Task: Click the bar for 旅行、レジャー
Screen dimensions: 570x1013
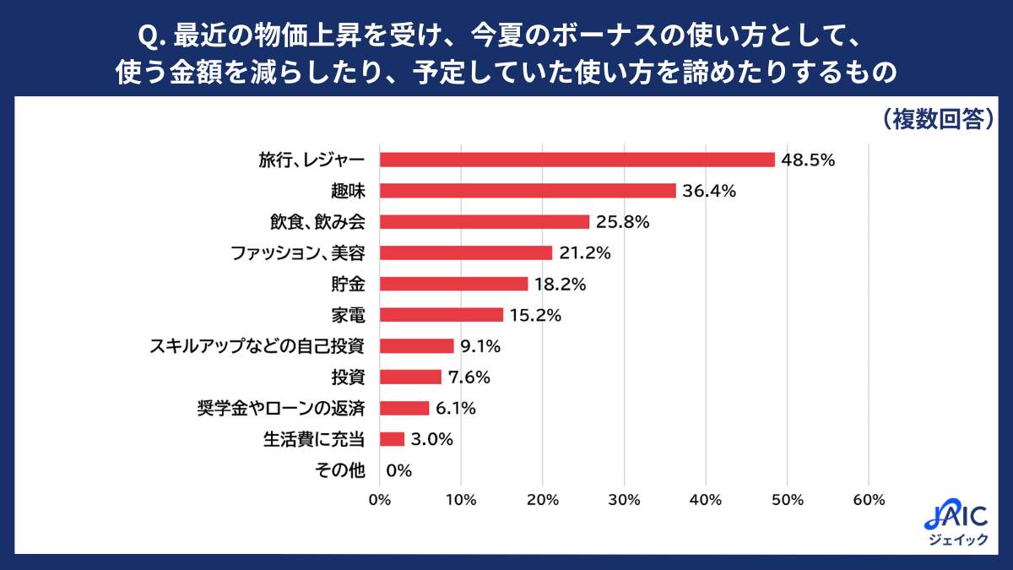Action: pyautogui.click(x=577, y=160)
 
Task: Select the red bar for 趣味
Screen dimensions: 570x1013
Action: pyautogui.click(x=528, y=191)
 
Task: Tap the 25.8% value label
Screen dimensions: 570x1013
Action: pyautogui.click(x=623, y=222)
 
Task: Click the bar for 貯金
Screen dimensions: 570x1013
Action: pyautogui.click(x=453, y=284)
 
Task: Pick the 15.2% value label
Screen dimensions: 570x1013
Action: pyautogui.click(x=535, y=315)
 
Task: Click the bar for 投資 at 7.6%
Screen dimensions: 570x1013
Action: pyautogui.click(x=410, y=377)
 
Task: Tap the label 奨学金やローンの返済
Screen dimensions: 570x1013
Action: pyautogui.click(x=280, y=408)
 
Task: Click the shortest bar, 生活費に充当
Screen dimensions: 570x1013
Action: pyautogui.click(x=392, y=439)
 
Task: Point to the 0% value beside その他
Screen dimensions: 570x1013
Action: pyautogui.click(x=398, y=470)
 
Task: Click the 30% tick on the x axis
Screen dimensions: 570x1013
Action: pyautogui.click(x=625, y=499)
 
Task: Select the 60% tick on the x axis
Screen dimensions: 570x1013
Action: pyautogui.click(x=869, y=499)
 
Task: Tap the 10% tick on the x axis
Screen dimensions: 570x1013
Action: pyautogui.click(x=461, y=499)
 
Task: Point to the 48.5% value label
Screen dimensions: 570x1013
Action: pyautogui.click(x=809, y=160)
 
